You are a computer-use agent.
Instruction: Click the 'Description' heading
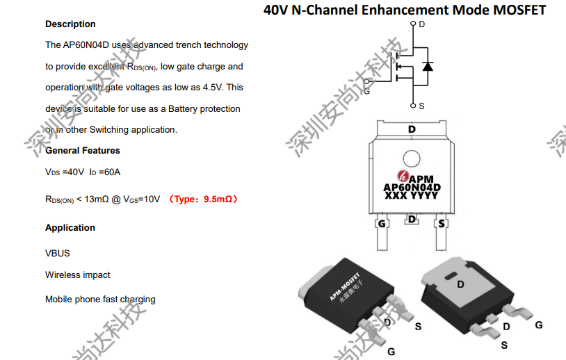coord(70,24)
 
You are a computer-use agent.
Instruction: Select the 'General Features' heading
coord(83,150)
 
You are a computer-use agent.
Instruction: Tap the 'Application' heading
coord(70,228)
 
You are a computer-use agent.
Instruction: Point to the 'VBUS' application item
coord(58,253)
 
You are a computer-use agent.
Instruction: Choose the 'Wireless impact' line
coord(78,275)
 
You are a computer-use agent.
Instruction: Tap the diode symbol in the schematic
coord(428,67)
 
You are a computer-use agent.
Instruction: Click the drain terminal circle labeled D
coord(413,24)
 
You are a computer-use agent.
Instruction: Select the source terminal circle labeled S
coord(413,106)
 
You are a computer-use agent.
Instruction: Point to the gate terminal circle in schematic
coord(366,81)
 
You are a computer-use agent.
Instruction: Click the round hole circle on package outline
coord(412,159)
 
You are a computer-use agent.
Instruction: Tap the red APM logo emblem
coord(403,176)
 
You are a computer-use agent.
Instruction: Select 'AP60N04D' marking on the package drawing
coord(412,188)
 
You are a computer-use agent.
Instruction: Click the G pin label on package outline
coord(382,224)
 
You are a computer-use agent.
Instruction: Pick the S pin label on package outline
coord(442,224)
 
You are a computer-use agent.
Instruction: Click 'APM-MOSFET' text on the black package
coord(345,287)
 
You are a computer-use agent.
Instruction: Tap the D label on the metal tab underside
coord(460,285)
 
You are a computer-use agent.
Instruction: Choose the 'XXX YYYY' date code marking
coord(411,195)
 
